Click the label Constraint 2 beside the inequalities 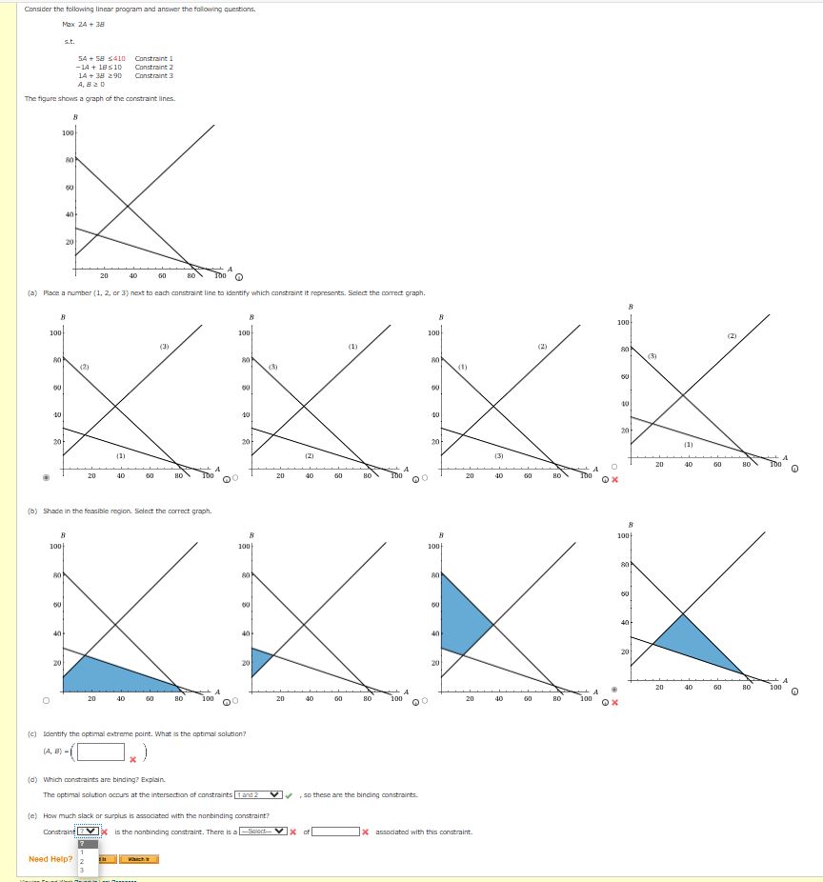point(154,67)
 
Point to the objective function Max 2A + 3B point(83,24)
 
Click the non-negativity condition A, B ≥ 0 point(90,84)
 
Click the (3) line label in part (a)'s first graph point(164,346)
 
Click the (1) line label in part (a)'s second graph point(353,346)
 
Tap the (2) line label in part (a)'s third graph point(541,346)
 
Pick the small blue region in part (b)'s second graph point(260,661)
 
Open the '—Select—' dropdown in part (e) point(264,832)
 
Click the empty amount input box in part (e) point(336,832)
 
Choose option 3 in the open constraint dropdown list point(83,870)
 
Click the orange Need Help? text point(50,859)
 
